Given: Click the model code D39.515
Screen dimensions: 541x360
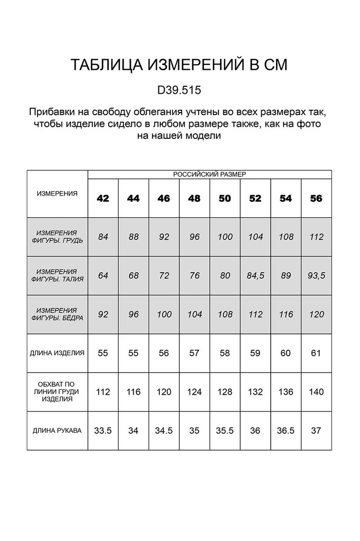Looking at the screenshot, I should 179,90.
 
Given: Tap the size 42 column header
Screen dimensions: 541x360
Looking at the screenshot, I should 103,199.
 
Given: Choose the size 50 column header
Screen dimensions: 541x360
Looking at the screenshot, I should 225,199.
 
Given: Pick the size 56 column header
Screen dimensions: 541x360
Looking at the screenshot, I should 316,199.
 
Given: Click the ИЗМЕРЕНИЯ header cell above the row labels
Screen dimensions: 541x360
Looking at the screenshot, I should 57,194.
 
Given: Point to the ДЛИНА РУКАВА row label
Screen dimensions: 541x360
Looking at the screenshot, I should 57,431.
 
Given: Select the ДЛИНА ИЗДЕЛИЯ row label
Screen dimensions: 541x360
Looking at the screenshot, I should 57,353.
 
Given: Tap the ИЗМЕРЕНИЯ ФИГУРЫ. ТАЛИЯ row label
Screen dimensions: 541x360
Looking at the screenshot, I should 57,275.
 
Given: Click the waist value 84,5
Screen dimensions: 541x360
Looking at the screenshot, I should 255,275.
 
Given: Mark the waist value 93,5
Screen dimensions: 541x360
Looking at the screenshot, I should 316,275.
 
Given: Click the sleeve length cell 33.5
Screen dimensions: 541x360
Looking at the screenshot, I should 103,431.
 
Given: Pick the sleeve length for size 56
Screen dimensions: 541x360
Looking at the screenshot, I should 316,431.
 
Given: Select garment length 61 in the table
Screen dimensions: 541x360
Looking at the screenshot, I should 316,353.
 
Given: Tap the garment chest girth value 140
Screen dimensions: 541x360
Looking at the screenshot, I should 316,392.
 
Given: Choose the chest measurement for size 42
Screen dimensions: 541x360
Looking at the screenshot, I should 103,237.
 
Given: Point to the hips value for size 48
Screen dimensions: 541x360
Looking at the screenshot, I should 194,314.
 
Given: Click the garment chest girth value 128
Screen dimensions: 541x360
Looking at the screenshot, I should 225,392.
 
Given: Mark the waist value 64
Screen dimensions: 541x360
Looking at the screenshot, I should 103,275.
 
